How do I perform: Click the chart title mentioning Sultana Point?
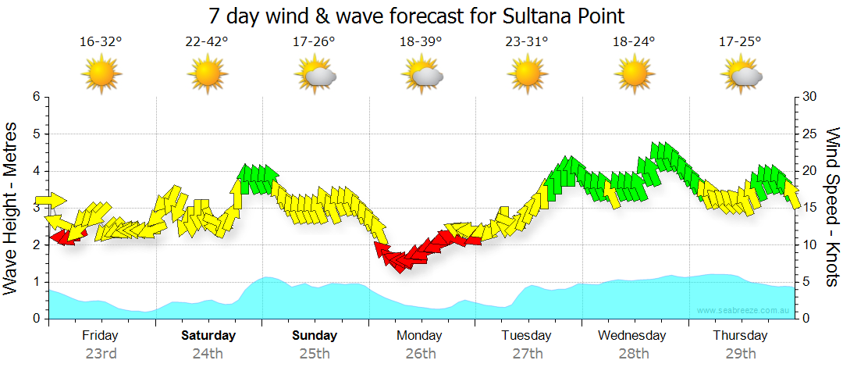tap(417, 16)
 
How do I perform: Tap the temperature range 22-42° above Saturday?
tap(207, 42)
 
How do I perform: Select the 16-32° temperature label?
tap(101, 42)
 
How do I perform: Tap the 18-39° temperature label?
tap(421, 42)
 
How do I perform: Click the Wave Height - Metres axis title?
tap(12, 208)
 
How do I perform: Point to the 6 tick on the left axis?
tap(35, 97)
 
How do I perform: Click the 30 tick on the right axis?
tap(809, 97)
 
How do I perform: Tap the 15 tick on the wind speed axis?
tap(809, 208)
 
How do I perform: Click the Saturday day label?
tap(208, 336)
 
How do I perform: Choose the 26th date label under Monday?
tap(421, 354)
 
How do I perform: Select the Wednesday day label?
tap(632, 336)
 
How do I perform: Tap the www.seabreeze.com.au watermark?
tap(745, 311)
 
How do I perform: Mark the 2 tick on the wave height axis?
tap(35, 245)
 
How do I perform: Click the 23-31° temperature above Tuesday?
tap(527, 42)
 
